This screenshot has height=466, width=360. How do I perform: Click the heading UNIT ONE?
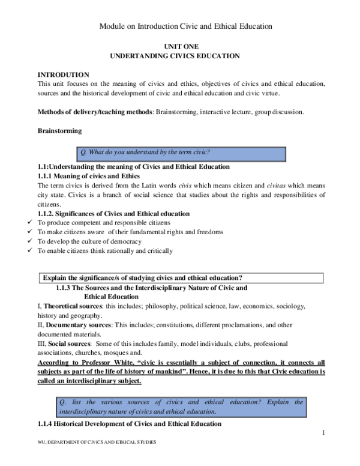click(x=181, y=46)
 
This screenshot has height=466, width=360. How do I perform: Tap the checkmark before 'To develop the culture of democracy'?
click(x=31, y=241)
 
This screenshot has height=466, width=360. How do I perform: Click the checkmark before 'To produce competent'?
click(x=31, y=222)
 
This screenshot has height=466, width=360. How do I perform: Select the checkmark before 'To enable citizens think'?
click(x=31, y=251)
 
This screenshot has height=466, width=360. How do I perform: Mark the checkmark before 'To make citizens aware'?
click(x=31, y=232)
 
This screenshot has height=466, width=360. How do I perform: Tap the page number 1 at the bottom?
click(x=322, y=432)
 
